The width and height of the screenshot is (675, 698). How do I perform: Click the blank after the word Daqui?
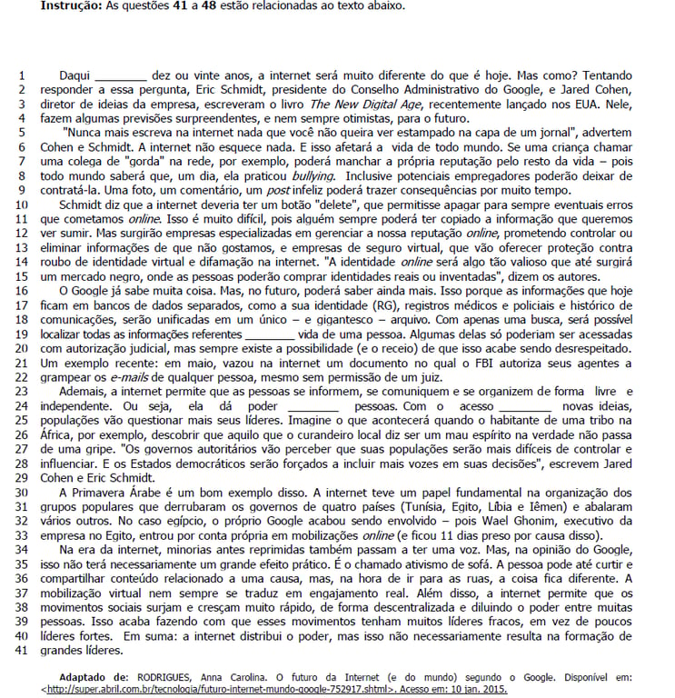(120, 76)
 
